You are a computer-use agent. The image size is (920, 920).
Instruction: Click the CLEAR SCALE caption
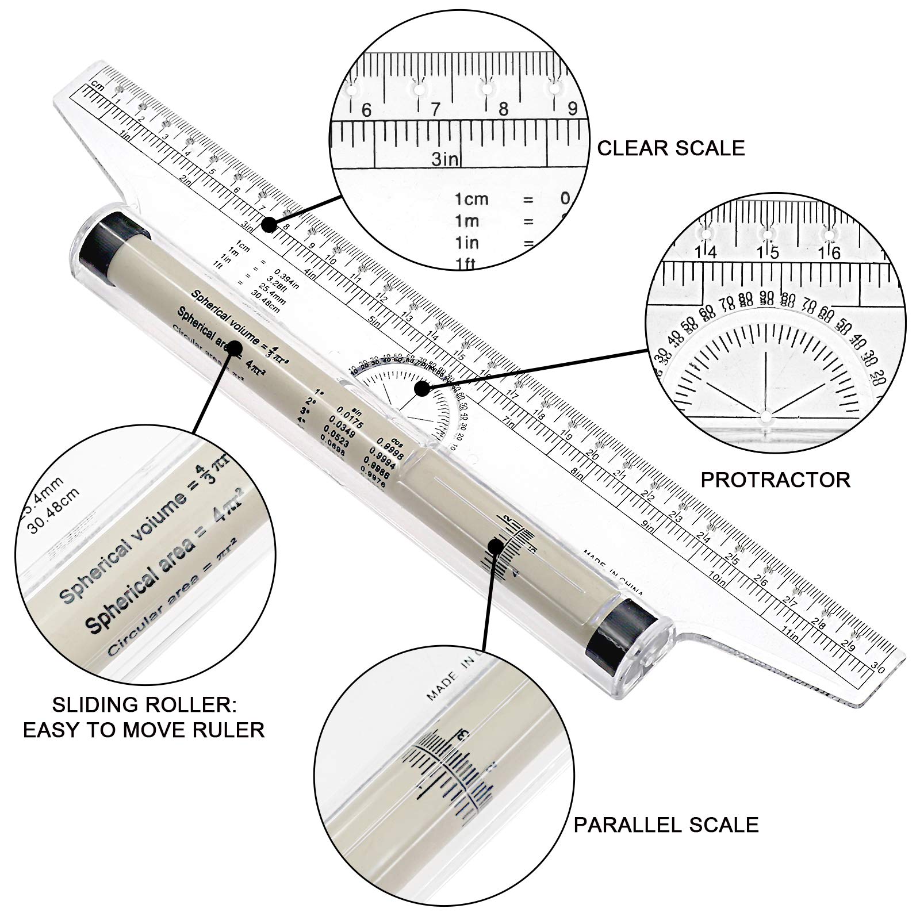pyautogui.click(x=671, y=148)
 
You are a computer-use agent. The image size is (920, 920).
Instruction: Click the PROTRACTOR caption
pyautogui.click(x=775, y=479)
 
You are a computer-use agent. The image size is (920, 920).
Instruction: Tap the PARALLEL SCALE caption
pyautogui.click(x=666, y=824)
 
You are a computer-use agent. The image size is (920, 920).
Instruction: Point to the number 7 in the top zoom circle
pyautogui.click(x=435, y=109)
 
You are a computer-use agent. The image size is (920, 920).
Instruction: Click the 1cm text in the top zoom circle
pyautogui.click(x=471, y=199)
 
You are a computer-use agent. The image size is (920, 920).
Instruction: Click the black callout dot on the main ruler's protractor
pyautogui.click(x=423, y=389)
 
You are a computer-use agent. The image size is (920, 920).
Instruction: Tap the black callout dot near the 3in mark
pyautogui.click(x=268, y=225)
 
